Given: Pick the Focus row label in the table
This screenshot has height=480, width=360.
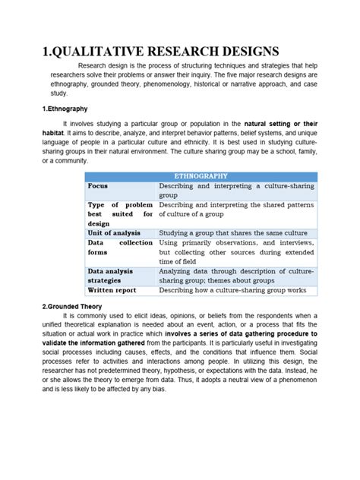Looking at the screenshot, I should (x=98, y=185).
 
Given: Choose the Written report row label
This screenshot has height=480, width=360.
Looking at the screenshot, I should (x=112, y=289).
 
